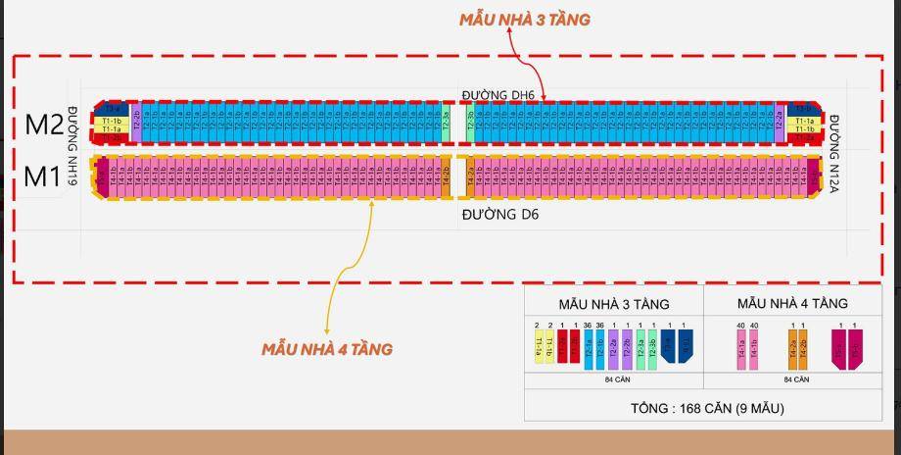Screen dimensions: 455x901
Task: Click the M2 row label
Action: (x=44, y=125)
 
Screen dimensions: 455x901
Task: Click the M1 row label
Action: (x=42, y=177)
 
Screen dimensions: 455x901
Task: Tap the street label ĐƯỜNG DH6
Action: (x=498, y=94)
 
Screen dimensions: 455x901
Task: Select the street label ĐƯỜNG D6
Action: (x=500, y=214)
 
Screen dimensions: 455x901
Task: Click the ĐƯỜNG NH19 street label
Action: (x=71, y=146)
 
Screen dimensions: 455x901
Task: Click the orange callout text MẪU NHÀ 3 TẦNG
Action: (x=525, y=19)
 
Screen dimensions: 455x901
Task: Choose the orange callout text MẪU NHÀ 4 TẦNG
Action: (x=326, y=349)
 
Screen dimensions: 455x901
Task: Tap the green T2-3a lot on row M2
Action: (x=446, y=122)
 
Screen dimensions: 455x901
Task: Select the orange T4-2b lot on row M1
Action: (x=447, y=177)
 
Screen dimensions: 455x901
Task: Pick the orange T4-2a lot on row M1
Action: (x=470, y=177)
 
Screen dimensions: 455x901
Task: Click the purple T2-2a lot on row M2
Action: (x=780, y=122)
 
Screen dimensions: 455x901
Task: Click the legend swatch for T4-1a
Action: (x=741, y=349)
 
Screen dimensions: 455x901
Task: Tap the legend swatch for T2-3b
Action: (x=652, y=349)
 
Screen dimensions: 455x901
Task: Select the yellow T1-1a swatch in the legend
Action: (x=537, y=349)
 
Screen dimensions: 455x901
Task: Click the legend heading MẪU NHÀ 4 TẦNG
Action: (x=792, y=304)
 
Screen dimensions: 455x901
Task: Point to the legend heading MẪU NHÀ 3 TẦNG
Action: (x=613, y=304)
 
